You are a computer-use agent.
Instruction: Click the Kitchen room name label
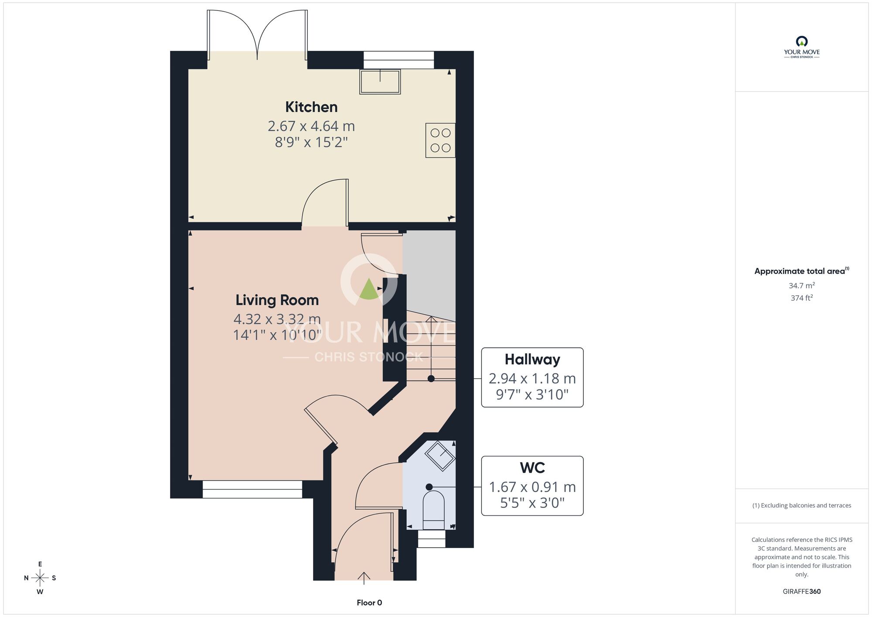coord(311,107)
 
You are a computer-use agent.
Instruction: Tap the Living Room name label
coord(277,300)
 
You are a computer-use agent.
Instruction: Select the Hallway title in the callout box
coord(532,359)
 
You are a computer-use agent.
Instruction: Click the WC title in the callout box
coord(532,468)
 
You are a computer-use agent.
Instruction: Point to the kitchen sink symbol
coord(380,82)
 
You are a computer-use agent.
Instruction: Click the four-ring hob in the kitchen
coord(440,140)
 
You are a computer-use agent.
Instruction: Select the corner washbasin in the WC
coord(440,456)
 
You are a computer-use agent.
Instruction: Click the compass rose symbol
coord(40,578)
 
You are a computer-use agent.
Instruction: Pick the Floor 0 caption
coord(369,603)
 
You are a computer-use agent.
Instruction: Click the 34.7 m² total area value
coord(802,285)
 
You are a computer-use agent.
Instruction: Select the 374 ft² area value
coord(802,298)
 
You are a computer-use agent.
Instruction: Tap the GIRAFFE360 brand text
coord(802,592)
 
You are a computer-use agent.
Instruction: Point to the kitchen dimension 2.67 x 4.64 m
coord(311,126)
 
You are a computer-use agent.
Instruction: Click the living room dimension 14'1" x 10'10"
coord(277,335)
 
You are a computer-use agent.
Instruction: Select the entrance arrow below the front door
coord(364,578)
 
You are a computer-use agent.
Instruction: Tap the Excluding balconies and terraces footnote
coord(802,505)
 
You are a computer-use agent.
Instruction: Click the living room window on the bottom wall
coord(252,489)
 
